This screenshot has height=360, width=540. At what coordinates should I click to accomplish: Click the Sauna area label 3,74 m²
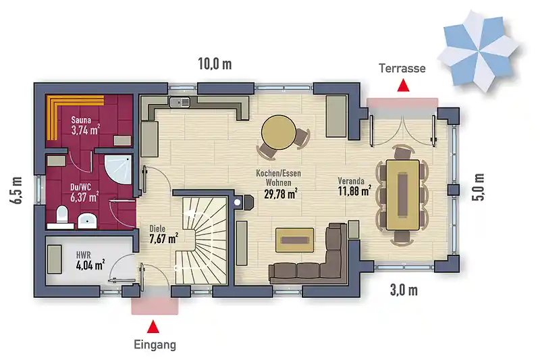point(86,130)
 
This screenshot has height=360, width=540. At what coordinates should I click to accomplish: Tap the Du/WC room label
point(80,187)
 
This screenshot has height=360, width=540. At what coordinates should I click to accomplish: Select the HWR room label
point(83,255)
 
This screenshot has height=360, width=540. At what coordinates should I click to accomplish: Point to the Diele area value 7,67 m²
point(163,238)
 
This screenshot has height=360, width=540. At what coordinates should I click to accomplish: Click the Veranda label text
point(351,181)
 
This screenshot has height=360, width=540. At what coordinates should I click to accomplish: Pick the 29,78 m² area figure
point(281,194)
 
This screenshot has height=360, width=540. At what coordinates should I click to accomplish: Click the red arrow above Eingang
point(153,327)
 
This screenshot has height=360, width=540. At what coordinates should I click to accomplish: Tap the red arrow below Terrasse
point(403,85)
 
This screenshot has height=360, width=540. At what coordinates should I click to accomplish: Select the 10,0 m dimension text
point(215,64)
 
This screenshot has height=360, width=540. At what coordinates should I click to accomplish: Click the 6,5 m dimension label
point(18,190)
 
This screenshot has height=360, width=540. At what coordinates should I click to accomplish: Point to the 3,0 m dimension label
point(404,290)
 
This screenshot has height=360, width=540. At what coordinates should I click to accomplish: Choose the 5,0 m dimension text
point(479,186)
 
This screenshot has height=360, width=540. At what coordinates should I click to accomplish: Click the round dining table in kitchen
point(278,132)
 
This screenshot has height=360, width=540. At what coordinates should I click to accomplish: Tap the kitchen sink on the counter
point(180,102)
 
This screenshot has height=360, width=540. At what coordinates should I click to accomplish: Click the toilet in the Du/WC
point(62,215)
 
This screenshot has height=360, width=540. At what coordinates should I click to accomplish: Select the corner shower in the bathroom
point(118,170)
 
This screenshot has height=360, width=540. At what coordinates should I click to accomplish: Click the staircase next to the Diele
point(201,240)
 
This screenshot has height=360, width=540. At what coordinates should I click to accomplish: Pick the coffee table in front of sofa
point(294,240)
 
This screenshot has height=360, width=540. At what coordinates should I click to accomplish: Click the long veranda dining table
point(402,195)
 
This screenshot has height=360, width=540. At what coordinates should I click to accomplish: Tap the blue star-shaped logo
point(479,51)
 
